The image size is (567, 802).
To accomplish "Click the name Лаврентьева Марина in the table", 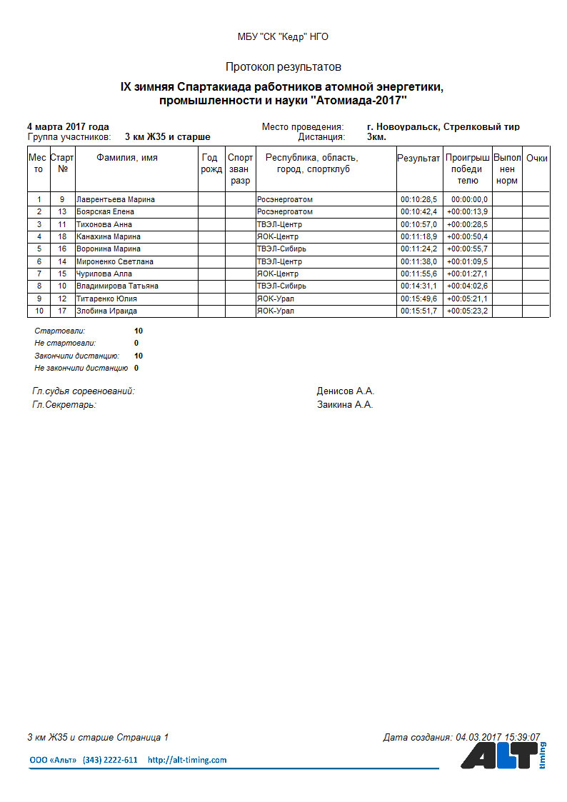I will point(116,199).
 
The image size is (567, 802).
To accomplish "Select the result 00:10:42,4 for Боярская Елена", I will point(418,212).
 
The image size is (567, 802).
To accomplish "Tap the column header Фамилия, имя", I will point(127,158).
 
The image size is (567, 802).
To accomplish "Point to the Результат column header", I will point(418,159).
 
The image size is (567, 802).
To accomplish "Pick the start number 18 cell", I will point(62,236).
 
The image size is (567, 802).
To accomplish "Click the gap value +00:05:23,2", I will point(467,311).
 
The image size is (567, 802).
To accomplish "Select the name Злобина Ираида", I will point(106,311).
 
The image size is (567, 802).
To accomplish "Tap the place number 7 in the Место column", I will point(39,274).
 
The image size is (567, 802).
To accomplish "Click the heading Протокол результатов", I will point(283,67).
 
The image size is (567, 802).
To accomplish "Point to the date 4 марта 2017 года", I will point(68,126).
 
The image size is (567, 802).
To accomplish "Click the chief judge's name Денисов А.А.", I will point(346,391).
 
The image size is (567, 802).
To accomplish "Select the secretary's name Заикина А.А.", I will point(345,405).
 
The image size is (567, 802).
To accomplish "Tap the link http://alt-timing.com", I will point(187,761).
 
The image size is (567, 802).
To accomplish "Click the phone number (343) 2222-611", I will point(110,761).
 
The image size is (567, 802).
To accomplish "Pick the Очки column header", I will point(536,159).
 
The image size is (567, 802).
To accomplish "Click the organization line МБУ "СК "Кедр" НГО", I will point(283,37).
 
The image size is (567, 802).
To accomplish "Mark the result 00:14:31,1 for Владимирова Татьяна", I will point(418,286).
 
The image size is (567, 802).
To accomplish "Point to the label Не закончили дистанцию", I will point(81,369).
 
